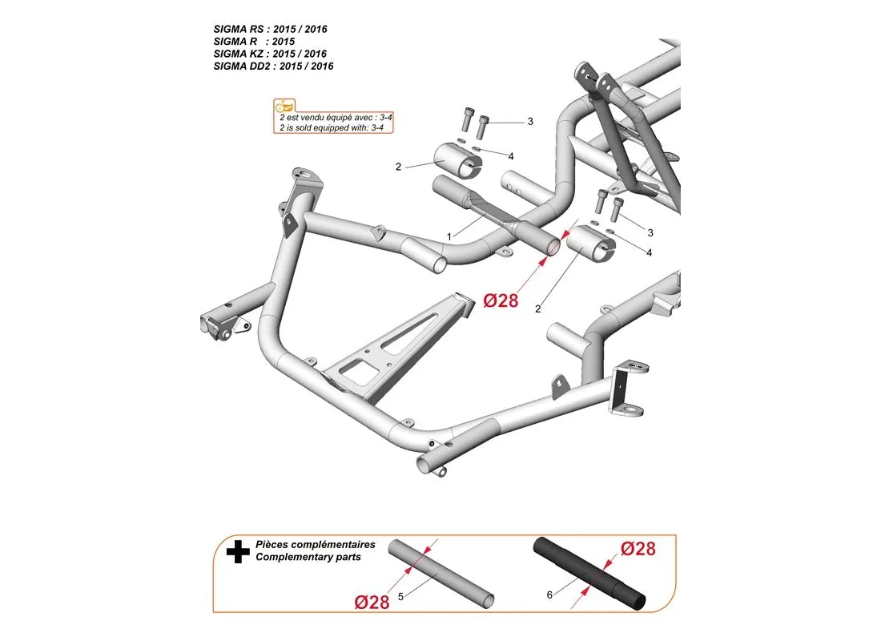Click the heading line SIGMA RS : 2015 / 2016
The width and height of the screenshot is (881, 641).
270,29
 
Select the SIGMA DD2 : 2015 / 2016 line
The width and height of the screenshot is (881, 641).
273,67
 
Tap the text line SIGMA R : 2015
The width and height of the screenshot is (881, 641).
254,42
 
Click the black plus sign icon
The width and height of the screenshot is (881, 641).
238,552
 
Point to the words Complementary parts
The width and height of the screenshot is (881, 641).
308,557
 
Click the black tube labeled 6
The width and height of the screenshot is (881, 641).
589,574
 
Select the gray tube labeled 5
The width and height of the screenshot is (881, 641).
441,574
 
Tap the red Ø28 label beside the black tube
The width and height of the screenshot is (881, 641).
638,548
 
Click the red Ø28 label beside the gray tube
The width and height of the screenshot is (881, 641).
372,603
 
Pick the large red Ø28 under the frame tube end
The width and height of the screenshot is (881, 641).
501,300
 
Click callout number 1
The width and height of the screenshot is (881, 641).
449,236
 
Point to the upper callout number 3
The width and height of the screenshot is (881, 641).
530,122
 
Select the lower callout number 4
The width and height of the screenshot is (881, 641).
649,253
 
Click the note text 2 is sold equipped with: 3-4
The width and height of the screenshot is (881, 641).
332,127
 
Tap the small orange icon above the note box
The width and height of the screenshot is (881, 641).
284,106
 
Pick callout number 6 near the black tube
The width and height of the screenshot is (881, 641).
549,595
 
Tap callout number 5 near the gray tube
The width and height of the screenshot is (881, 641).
400,597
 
